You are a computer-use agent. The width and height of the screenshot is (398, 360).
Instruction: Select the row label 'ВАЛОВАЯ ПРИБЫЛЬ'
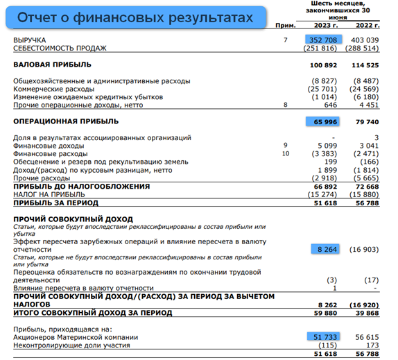tap(52, 65)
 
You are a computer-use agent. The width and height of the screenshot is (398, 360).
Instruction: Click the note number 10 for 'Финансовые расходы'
tap(284, 152)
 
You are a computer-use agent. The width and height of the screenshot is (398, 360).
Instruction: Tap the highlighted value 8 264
tap(326, 248)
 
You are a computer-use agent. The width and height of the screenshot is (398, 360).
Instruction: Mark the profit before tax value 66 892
tap(325, 187)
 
